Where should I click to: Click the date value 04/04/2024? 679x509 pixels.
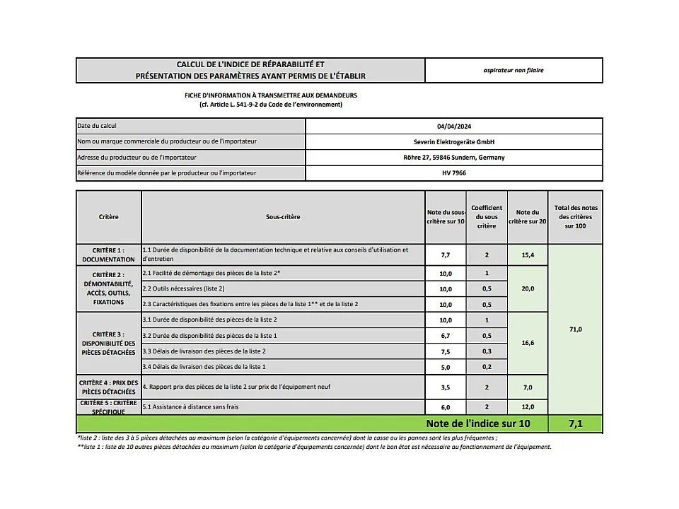[x=453, y=126]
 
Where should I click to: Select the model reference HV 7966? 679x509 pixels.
[x=453, y=172]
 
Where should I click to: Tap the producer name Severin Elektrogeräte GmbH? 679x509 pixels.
[x=453, y=141]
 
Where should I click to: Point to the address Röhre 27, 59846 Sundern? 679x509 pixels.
[x=453, y=157]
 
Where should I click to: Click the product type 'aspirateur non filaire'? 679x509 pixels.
[x=513, y=70]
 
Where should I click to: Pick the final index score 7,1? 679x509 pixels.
[x=576, y=424]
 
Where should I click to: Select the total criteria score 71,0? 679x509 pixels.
[x=576, y=329]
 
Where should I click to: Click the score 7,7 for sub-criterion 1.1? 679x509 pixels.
[x=446, y=254]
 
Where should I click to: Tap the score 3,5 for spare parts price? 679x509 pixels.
[x=446, y=387]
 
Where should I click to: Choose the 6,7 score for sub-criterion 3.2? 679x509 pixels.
[x=446, y=336]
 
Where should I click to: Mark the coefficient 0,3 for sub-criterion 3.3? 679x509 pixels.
[x=487, y=351]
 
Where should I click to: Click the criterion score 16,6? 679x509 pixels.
[x=528, y=343]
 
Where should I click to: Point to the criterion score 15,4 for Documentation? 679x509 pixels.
[x=528, y=254]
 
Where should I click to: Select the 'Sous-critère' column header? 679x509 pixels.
[x=283, y=217]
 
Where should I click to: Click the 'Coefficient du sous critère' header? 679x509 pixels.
[x=487, y=217]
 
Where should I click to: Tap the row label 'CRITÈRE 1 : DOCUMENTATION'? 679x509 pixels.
[x=108, y=255]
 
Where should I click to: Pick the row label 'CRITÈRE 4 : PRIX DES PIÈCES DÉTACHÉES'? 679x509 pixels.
[x=108, y=387]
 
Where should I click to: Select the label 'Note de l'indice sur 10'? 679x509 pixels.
[x=477, y=424]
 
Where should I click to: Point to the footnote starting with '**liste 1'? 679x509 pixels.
[x=314, y=447]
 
